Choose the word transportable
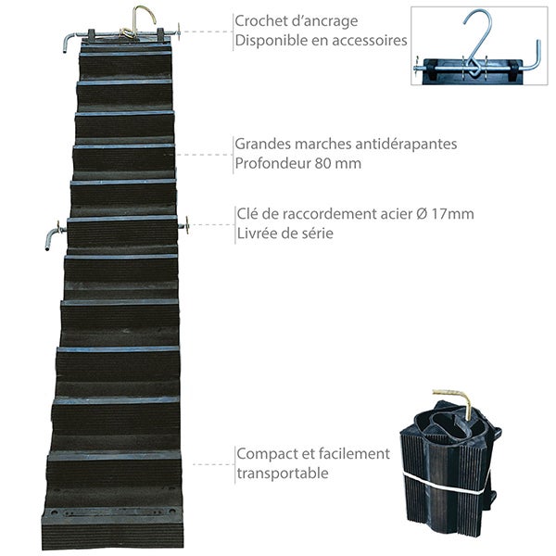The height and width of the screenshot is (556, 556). pos(283,474)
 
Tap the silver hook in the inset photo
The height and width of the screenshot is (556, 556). pos(477,43)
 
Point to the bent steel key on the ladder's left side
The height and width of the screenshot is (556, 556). pos(54,235)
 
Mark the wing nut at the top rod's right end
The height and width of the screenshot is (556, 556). pos(179,32)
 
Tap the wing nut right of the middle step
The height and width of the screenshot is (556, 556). pos(186,226)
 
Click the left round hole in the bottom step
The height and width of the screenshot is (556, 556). pos(54,512)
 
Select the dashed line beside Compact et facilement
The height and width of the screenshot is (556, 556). pos(213,464)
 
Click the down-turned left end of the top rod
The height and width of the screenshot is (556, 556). pos(69,41)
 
